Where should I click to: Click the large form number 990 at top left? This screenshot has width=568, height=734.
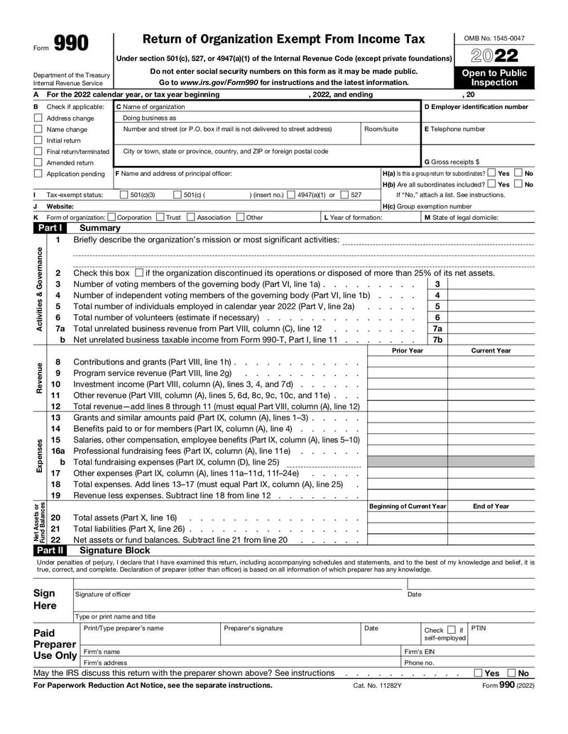point(72,44)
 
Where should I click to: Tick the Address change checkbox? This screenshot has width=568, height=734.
point(38,118)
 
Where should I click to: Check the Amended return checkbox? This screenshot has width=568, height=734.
point(38,162)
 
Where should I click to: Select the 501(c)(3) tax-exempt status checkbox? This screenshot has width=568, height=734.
point(124,195)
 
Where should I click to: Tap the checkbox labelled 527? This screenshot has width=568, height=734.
point(344,195)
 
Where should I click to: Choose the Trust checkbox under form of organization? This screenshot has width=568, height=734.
point(159,218)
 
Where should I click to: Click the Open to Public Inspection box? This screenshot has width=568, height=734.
point(494,77)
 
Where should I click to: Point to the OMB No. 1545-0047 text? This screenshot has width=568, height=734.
point(494,38)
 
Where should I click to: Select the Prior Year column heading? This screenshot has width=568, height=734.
point(407,350)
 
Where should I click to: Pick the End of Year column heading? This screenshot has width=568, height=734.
point(491,506)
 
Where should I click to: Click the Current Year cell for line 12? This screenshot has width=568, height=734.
point(491,406)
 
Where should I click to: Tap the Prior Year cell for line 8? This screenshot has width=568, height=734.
point(407,362)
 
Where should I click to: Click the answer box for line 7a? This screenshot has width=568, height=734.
point(491,329)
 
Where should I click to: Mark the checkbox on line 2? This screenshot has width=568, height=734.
point(138,273)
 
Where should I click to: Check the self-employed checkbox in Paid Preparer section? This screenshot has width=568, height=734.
point(451,630)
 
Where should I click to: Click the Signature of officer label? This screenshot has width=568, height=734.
point(103,594)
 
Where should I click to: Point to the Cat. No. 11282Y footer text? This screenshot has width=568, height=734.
point(377,686)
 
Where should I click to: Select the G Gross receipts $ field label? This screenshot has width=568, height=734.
point(452,162)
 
